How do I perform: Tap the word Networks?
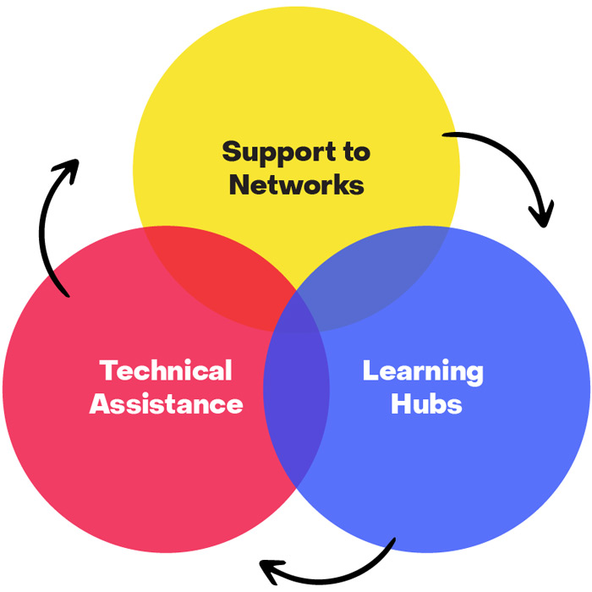[296, 185]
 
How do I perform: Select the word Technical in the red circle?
[166, 370]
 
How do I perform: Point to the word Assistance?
[166, 403]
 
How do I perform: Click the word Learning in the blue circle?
[423, 370]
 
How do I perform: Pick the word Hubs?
[425, 403]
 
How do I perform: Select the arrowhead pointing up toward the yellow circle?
[67, 168]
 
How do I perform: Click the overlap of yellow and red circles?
[216, 271]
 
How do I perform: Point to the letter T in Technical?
[108, 370]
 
